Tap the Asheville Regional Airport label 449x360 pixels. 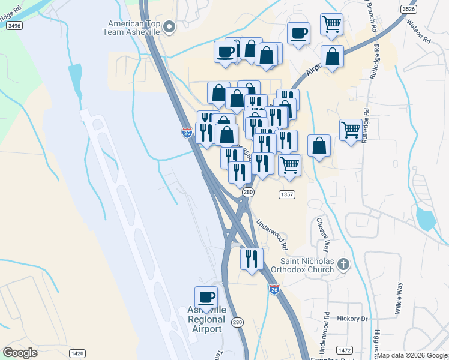click(206, 319)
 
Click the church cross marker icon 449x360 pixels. click(343, 264)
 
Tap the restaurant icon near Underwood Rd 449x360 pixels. click(252, 259)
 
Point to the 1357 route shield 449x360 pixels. click(286, 194)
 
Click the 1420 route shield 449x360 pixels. click(77, 353)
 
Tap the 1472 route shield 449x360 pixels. click(345, 349)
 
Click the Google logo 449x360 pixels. click(20, 353)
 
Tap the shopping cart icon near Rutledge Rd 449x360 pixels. click(351, 129)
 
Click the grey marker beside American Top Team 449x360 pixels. click(169, 26)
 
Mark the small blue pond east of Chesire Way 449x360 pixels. click(426, 219)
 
